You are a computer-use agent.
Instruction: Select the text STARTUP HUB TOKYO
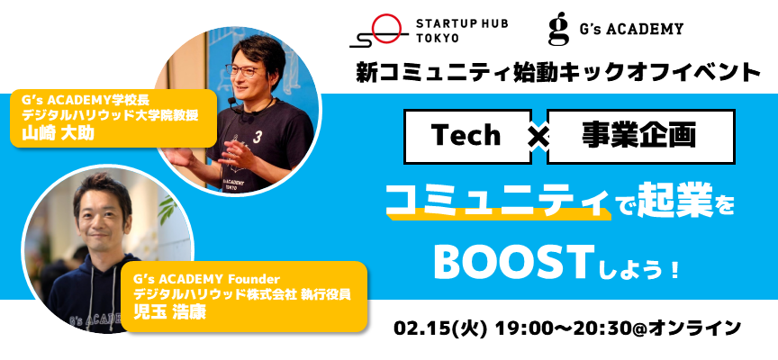[x=461, y=31]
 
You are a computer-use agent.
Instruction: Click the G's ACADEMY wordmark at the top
[x=631, y=29]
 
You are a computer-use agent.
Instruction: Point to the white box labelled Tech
[x=467, y=137]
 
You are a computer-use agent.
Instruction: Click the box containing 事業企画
[x=640, y=137]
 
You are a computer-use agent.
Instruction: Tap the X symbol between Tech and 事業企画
[x=538, y=138]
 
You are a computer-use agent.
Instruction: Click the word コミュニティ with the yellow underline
[x=498, y=202]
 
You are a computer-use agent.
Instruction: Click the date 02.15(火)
[x=439, y=328]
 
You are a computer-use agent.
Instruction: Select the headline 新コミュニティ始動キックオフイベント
[x=558, y=74]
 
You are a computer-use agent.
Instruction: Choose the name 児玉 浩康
[x=168, y=313]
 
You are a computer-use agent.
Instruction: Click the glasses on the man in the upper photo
[x=246, y=69]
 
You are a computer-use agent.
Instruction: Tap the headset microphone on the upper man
[x=233, y=104]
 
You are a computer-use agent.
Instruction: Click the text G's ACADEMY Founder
[x=207, y=279]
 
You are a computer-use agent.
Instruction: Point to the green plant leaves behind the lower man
[x=167, y=207]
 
